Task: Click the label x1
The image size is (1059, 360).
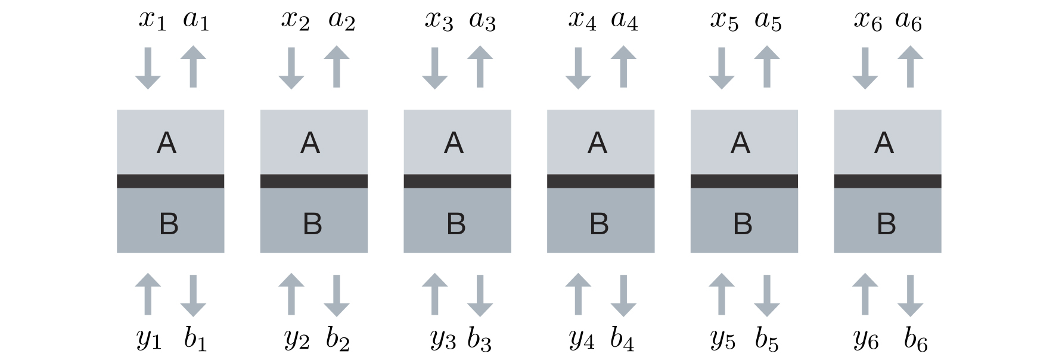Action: (152, 20)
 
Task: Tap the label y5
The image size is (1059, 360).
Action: (723, 339)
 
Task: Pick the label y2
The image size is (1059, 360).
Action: (296, 339)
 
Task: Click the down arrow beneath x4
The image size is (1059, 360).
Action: (578, 67)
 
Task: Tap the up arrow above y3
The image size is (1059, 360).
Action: (434, 294)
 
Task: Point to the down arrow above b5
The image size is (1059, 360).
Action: (767, 295)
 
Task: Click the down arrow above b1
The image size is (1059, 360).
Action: (193, 295)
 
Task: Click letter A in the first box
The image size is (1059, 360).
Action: (166, 143)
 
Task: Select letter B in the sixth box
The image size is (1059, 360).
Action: (886, 224)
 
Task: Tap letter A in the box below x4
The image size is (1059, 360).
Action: (597, 143)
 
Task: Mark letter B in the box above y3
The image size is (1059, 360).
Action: (456, 224)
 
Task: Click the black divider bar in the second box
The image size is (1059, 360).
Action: (314, 181)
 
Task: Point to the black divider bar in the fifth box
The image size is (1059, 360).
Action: (744, 181)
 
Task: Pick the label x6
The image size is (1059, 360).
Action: (868, 20)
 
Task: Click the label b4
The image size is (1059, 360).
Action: (622, 339)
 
